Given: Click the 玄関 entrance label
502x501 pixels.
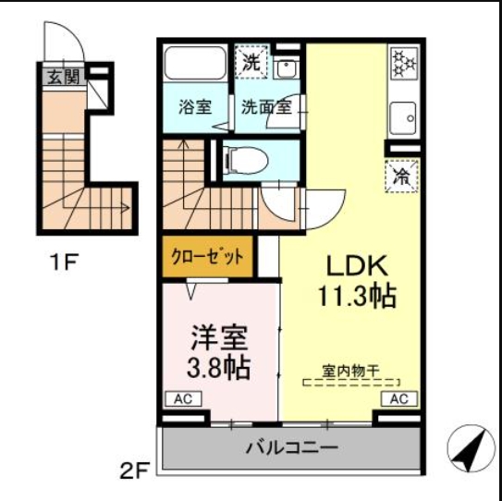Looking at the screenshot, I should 63,77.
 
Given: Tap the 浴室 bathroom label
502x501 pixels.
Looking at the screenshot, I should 195,105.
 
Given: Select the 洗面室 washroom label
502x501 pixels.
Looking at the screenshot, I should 266,105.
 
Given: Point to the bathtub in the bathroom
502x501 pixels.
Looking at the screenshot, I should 195,66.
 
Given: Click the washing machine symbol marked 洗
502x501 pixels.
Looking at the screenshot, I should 251,63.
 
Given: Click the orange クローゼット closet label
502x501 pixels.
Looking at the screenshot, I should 207,256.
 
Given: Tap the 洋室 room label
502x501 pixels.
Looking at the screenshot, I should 220,334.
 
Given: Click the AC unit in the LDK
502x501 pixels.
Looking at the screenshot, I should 399,399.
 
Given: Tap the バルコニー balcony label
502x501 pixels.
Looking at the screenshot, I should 292,448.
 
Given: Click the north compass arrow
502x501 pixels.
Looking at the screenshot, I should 471,450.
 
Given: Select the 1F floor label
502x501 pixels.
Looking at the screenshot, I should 63,262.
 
